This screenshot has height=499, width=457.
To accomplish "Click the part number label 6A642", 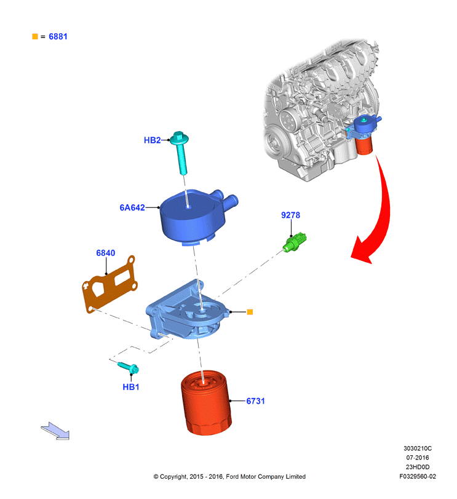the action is click(x=132, y=207).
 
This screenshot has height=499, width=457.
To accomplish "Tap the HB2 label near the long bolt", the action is click(x=152, y=140).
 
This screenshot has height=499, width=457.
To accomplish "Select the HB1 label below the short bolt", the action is click(x=131, y=387).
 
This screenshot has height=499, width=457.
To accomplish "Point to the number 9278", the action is click(x=290, y=215).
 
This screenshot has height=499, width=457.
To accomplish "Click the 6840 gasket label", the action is click(x=106, y=253).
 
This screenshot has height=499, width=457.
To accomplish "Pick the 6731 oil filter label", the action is click(x=255, y=401).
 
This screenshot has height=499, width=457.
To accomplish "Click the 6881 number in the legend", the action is click(x=58, y=36).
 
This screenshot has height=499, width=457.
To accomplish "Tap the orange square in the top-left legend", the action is click(x=35, y=36).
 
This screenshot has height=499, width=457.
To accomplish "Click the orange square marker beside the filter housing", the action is click(x=250, y=312).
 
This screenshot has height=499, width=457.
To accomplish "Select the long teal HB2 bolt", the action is click(x=181, y=152).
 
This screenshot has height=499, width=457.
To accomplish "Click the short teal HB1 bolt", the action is click(x=129, y=368).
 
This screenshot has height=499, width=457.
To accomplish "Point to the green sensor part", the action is click(x=295, y=242).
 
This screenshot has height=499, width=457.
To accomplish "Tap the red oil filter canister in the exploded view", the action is click(x=206, y=402).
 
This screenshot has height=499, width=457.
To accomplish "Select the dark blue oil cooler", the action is click(x=196, y=217).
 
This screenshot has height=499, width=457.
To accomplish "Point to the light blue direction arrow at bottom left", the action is click(x=55, y=431).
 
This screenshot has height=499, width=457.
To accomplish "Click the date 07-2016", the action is click(x=417, y=458).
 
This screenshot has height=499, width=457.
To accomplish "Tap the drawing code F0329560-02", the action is click(x=418, y=476).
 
